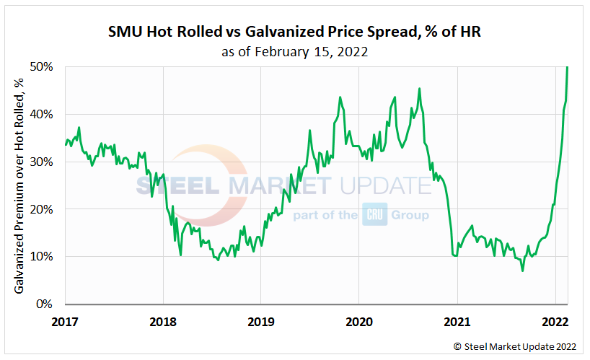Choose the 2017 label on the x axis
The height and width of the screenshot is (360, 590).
coord(66,320)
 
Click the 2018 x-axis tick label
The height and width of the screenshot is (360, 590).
coord(163,320)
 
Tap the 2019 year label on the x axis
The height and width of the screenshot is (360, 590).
coord(261,320)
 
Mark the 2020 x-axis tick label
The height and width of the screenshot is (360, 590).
coord(359,320)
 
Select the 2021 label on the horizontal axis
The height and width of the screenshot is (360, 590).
coord(457,320)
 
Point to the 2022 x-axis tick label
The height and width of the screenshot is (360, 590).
coord(555,320)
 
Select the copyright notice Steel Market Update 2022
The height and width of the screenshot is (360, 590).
coord(516,346)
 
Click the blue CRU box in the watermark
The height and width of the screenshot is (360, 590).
coord(374,215)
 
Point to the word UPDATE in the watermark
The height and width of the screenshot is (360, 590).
coord(382,185)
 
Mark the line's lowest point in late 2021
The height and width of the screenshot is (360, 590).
coord(521,271)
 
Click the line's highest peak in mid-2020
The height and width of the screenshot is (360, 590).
coord(420,89)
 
